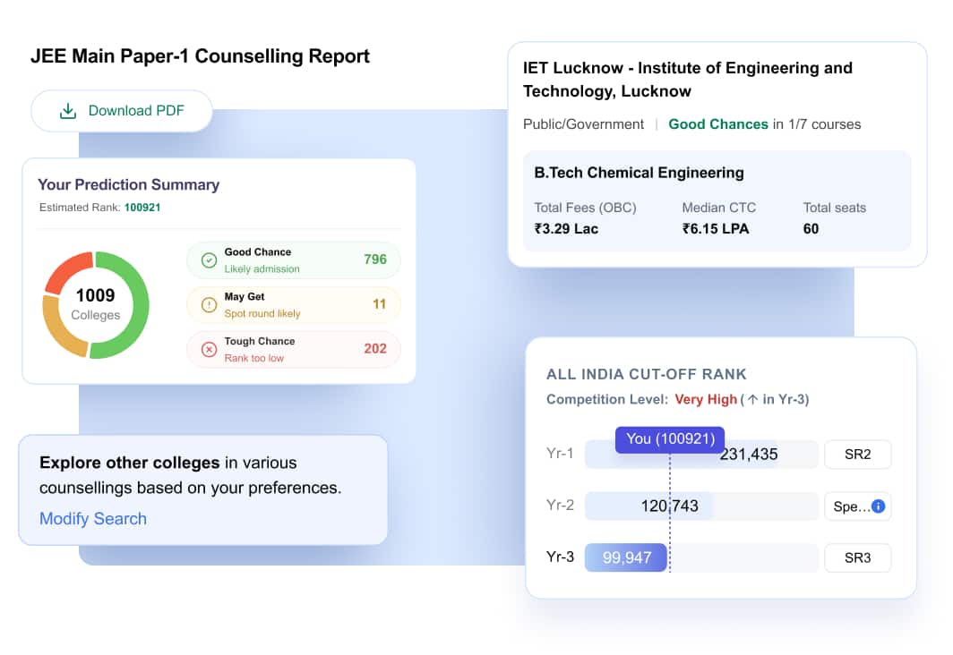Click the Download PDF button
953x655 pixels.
(122, 111)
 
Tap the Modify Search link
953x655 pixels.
(93, 518)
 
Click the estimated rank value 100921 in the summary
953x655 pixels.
(142, 208)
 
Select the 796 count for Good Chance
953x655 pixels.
(375, 259)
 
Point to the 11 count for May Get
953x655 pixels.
(379, 304)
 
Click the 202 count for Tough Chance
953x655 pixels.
(375, 348)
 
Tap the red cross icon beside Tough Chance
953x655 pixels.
(209, 350)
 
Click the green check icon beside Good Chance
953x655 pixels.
(209, 260)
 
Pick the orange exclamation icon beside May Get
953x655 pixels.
(209, 305)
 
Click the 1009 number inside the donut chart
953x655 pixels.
(96, 295)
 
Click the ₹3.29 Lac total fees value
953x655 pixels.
(566, 229)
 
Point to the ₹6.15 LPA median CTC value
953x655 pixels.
(716, 229)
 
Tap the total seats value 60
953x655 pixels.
(811, 229)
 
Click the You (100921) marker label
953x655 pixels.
(670, 438)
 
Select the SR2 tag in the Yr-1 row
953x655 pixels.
(857, 454)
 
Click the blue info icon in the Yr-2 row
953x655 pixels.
(879, 506)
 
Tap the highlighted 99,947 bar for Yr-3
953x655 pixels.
(626, 557)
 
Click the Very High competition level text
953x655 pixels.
(706, 399)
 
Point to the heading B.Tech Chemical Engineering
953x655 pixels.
(639, 173)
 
